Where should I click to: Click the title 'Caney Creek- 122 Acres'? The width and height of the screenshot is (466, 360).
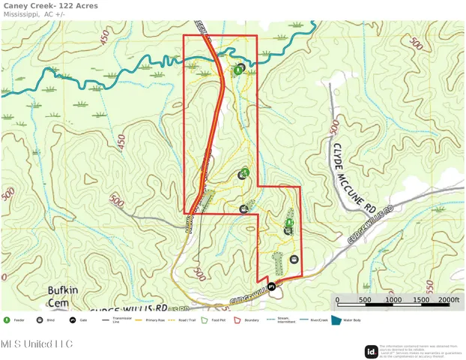click(x=49, y=6)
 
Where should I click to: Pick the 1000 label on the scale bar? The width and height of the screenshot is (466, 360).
click(x=394, y=300)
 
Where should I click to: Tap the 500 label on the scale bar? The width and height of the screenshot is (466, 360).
click(x=365, y=300)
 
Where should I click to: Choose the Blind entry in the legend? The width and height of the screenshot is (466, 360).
click(x=46, y=320)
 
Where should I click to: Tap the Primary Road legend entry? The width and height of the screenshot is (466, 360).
click(x=150, y=320)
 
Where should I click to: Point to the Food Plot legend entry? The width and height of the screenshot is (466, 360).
click(x=215, y=320)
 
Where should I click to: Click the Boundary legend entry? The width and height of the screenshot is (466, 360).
click(x=246, y=320)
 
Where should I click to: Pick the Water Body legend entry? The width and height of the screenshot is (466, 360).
click(x=346, y=320)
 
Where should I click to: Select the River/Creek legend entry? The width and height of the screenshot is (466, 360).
click(x=313, y=320)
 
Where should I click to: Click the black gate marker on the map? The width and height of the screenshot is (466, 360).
click(x=272, y=286)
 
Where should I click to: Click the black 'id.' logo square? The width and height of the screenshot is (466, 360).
click(x=371, y=351)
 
